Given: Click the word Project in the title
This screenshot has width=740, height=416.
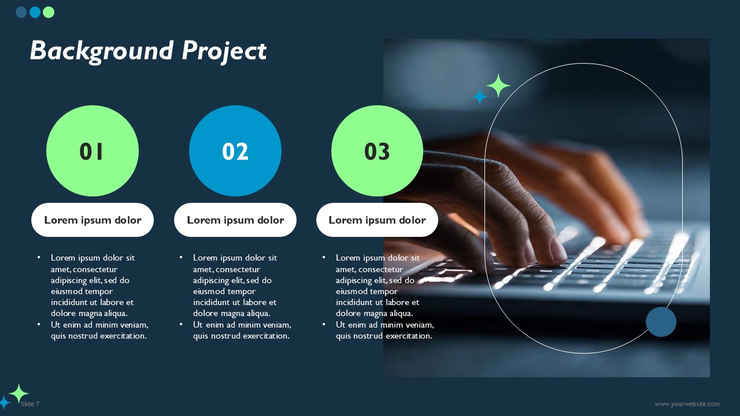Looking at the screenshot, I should coord(224,51).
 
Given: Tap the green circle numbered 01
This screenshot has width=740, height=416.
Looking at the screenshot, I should coord(92,151).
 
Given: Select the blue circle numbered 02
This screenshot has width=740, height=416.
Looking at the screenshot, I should coord(235,151).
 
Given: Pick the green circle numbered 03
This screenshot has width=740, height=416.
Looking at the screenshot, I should coord(377,151).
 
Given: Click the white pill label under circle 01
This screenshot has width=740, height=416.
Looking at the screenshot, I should coord(92,220).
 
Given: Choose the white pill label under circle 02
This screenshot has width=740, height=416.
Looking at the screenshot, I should coord(235,220).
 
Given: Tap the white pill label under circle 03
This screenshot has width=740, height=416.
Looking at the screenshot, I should coord(377,220).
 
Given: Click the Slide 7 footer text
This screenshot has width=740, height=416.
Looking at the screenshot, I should coord(30,404).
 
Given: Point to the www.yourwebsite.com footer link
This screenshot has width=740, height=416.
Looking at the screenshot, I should coord(687,404).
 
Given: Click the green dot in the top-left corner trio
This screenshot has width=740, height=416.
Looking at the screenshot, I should coord(49,12).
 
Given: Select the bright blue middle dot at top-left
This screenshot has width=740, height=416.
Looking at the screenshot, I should coord(35,12).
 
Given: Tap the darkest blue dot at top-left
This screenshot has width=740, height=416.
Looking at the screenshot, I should coord(21,12).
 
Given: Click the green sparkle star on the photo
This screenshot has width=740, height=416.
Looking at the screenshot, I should coord(498,86).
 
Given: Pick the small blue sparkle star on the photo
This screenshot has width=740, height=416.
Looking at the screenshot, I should coord(480,96).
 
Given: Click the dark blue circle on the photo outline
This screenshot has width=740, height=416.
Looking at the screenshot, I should coord(661,322).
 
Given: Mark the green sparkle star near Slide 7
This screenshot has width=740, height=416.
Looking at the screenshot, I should coord(18,393).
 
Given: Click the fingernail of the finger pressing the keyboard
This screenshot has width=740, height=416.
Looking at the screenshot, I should coord(558,250).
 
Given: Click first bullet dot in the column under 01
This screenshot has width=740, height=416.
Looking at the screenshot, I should coord(39,258).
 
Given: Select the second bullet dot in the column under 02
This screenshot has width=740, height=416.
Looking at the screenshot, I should coord(181,325).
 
